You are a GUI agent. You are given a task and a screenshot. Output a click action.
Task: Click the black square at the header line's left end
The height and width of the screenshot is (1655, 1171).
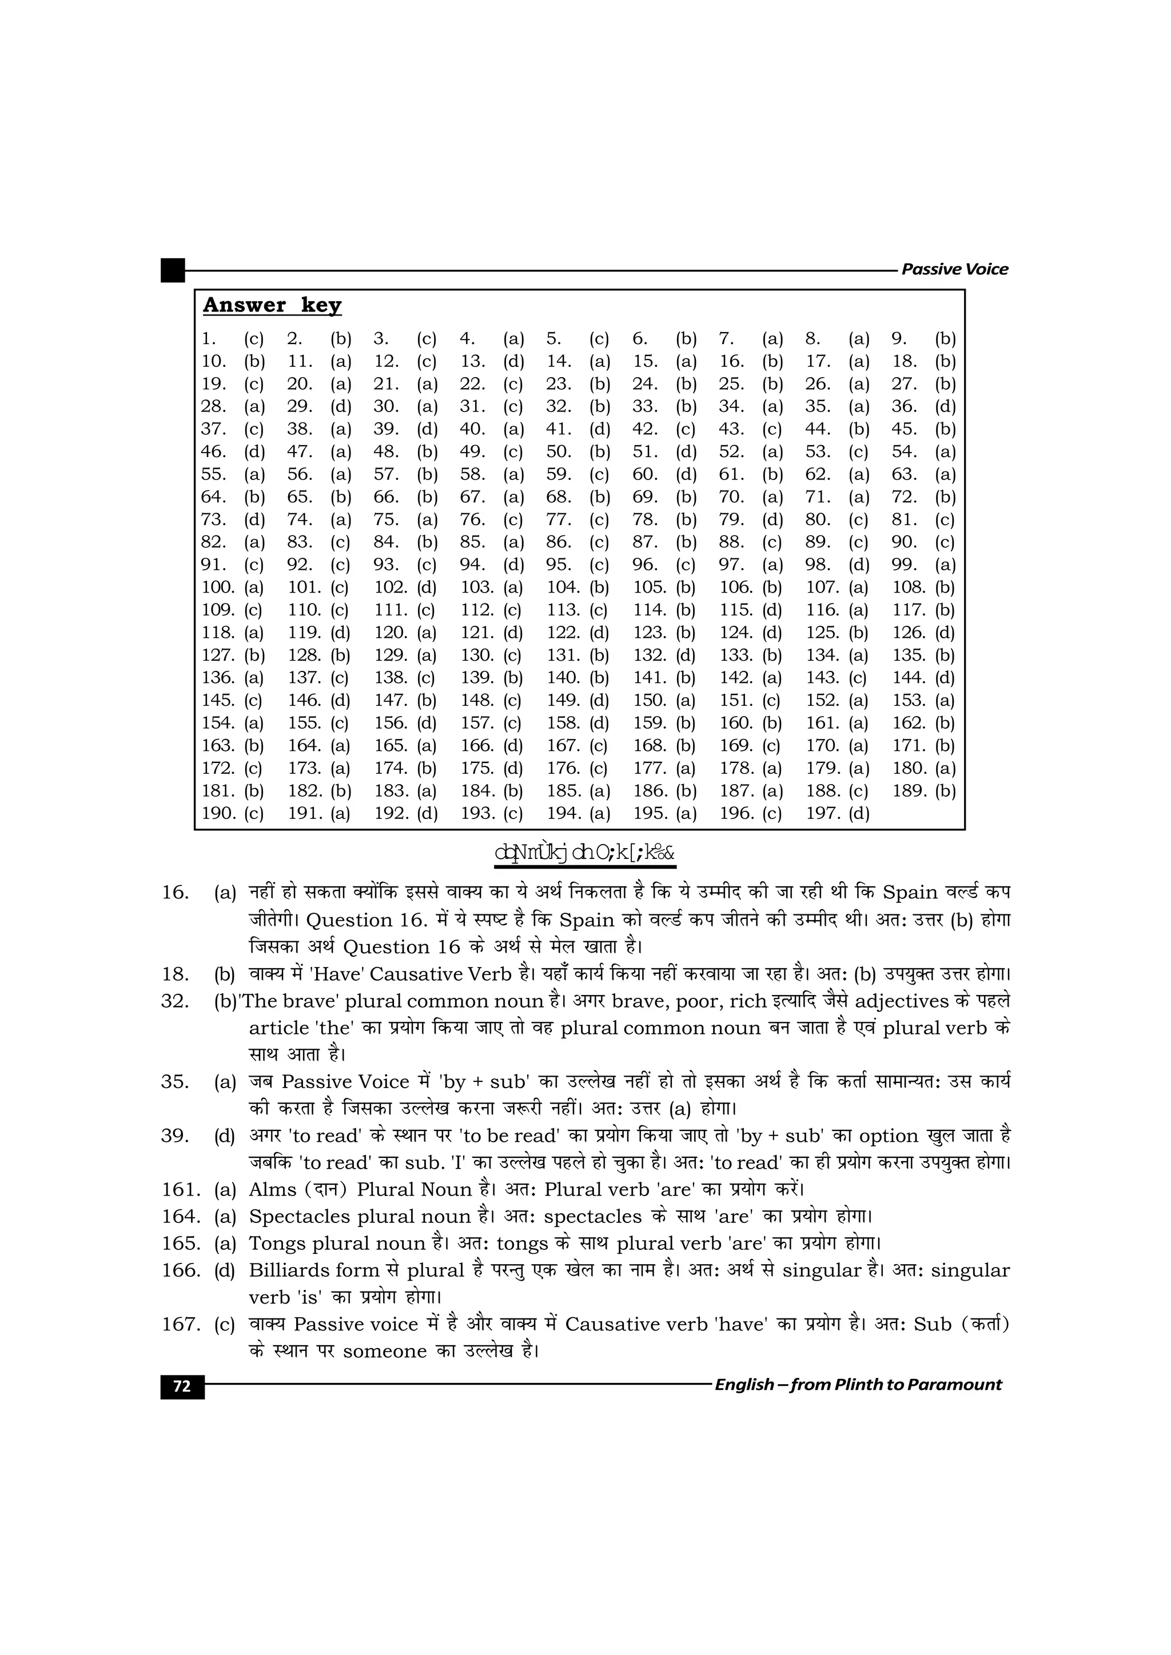pos(172,270)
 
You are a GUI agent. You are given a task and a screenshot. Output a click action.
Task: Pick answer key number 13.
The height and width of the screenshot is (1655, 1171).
pos(472,361)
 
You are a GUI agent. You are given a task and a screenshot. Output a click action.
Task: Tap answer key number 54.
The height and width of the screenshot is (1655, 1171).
pos(903,451)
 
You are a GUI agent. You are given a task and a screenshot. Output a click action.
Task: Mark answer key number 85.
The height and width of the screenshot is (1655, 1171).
pos(472,542)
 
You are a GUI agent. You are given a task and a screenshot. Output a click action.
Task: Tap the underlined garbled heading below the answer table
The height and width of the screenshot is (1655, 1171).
pos(585,853)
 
